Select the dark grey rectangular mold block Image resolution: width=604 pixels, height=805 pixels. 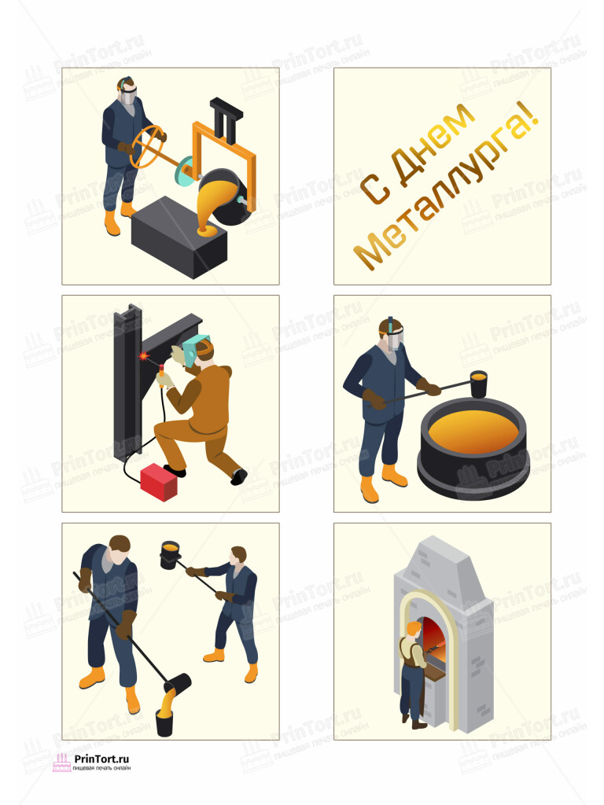point(179,237)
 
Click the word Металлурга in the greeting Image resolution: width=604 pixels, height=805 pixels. point(446,186)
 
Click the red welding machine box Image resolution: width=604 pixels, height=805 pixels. point(159,482)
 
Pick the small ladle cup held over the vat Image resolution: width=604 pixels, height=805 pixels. point(478,384)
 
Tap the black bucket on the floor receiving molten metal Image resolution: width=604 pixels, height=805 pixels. point(164,722)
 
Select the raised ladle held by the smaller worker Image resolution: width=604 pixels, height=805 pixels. point(170,554)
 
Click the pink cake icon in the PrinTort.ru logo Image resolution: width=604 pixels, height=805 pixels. point(61,763)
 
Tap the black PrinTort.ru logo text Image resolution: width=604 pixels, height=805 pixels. point(101,759)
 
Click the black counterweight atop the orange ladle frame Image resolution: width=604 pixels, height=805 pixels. point(226,119)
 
